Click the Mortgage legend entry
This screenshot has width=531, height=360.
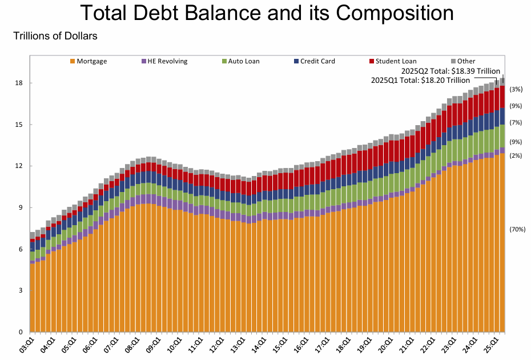tap(88, 61)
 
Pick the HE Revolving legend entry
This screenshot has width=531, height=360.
tap(164, 61)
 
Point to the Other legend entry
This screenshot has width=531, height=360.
tap(463, 61)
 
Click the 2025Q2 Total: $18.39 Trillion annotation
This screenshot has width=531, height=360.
tap(452, 70)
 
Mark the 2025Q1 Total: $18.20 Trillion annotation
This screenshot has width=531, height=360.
tap(420, 80)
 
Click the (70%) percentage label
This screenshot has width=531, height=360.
tap(517, 229)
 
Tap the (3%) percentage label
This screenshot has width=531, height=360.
tap(516, 89)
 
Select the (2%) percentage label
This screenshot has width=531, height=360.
tap(516, 155)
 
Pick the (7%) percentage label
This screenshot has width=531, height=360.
tap(516, 122)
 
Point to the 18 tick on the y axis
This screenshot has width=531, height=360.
tap(19, 83)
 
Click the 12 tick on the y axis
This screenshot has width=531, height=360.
tap(19, 166)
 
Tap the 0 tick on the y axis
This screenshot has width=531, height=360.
tap(21, 332)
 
